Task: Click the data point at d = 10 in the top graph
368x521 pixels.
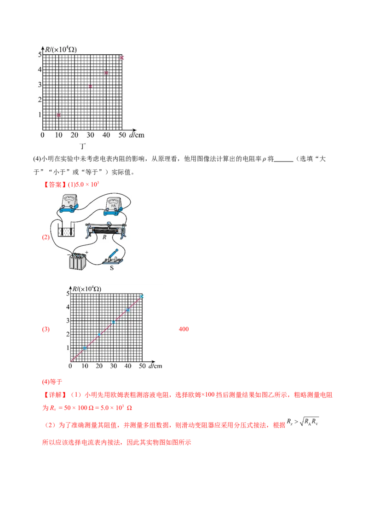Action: (58, 115)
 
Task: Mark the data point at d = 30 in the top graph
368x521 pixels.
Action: (91, 86)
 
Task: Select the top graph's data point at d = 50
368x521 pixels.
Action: (122, 58)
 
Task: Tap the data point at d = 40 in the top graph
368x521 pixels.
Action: (106, 73)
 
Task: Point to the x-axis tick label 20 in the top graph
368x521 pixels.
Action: (75, 135)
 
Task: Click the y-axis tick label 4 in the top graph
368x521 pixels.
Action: (40, 69)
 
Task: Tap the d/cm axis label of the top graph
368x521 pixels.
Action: (137, 135)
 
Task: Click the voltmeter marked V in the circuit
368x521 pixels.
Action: (70, 204)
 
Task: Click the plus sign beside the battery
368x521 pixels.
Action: (86, 252)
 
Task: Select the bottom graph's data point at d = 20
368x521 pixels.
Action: (99, 334)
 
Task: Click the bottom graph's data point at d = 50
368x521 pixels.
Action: (142, 296)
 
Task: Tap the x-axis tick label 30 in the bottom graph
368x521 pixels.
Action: (113, 366)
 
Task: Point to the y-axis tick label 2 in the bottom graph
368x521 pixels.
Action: (68, 334)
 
